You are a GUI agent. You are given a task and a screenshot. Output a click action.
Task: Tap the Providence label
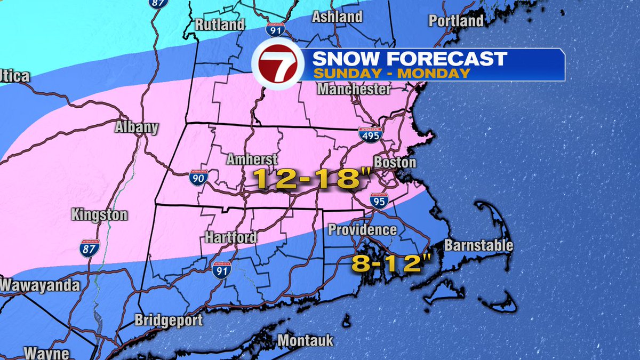coord(362,230)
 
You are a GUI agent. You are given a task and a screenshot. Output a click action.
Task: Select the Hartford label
coord(231,237)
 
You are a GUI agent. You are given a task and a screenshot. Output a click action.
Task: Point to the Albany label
coord(137,127)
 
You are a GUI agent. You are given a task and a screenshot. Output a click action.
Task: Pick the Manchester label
coord(354,89)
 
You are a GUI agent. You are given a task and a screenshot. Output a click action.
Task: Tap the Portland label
coord(456,21)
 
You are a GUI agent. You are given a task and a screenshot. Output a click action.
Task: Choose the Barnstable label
coord(478,245)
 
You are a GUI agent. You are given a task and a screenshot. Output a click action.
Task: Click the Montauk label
coord(306,340)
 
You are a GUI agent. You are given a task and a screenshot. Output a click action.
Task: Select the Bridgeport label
coord(169,321)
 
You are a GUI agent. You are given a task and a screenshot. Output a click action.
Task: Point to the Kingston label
coord(99,215)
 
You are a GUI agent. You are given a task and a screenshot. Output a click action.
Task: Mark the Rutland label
coord(220,25)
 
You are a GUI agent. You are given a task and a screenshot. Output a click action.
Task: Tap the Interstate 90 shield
coord(197,178)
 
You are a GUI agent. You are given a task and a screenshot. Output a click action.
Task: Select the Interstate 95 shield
coord(379,200)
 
